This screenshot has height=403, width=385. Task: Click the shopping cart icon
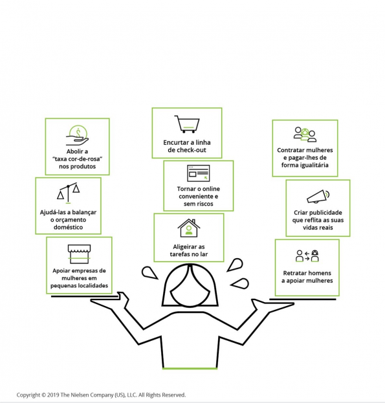pyautogui.click(x=187, y=124)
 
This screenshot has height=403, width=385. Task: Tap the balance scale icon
pyautogui.click(x=68, y=193)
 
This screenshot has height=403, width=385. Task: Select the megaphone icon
pyautogui.click(x=318, y=197)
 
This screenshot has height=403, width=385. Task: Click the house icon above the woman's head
pyautogui.click(x=189, y=228)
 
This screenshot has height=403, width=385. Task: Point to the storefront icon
pyautogui.click(x=79, y=254)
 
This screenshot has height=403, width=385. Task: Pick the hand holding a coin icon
pyautogui.click(x=78, y=135)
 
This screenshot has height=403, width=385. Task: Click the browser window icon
pyautogui.click(x=199, y=173)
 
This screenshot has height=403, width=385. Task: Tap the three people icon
pyautogui.click(x=305, y=134)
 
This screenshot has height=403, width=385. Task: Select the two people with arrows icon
pyautogui.click(x=307, y=256)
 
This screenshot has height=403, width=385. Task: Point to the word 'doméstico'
pyautogui.click(x=68, y=227)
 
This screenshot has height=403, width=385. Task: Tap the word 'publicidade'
pyautogui.click(x=325, y=213)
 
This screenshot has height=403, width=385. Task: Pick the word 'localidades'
pyautogui.click(x=93, y=285)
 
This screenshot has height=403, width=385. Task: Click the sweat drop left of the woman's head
pyautogui.click(x=149, y=273)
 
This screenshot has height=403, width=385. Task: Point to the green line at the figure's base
pyautogui.click(x=190, y=369)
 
